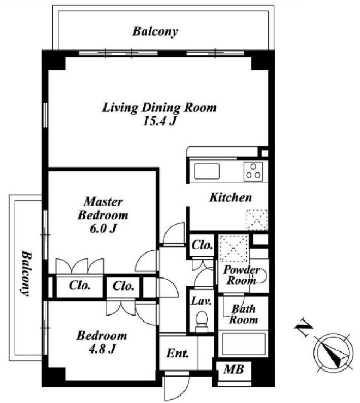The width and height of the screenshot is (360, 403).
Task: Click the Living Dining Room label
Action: pyautogui.click(x=159, y=108)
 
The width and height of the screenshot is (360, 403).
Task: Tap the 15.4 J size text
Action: pyautogui.click(x=159, y=121)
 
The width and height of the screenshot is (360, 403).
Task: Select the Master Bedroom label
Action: pyautogui.click(x=103, y=209)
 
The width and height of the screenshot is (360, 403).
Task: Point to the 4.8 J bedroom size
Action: pyautogui.click(x=102, y=349)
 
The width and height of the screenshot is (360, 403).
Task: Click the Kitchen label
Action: pyautogui.click(x=231, y=197)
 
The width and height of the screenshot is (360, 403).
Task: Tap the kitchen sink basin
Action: pyautogui.click(x=207, y=171)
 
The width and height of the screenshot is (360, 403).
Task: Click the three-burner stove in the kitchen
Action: pyautogui.click(x=253, y=172)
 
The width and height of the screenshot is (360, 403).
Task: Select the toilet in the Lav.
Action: pyautogui.click(x=202, y=321)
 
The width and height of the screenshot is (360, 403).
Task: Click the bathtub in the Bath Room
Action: pyautogui.click(x=243, y=345)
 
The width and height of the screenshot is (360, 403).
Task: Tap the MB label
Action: pyautogui.click(x=234, y=370)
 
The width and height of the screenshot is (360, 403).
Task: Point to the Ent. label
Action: pyautogui.click(x=177, y=353)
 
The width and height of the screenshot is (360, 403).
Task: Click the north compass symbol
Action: pyautogui.click(x=334, y=353)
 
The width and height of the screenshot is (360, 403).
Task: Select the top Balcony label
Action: pyautogui.click(x=155, y=31)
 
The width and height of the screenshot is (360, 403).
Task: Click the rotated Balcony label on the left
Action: pyautogui.click(x=26, y=274)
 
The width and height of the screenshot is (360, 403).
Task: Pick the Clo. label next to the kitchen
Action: pyautogui.click(x=203, y=245)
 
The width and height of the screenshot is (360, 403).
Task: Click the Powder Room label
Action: pyautogui.click(x=241, y=275)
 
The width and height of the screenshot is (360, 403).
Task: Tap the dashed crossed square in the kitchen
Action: pyautogui.click(x=257, y=220)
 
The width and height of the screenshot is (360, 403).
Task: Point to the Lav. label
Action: pyautogui.click(x=202, y=300)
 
